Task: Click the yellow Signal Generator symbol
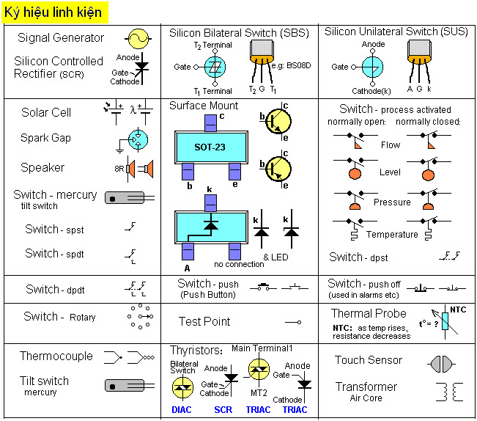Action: [x=138, y=39]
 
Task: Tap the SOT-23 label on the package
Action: [x=210, y=147]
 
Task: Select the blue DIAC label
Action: [x=182, y=410]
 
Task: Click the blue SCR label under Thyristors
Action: [x=223, y=410]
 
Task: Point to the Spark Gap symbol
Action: [x=134, y=140]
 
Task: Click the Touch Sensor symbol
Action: [x=441, y=364]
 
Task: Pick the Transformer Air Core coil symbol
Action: [x=449, y=392]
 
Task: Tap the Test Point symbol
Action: [x=293, y=322]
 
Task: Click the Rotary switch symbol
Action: [x=140, y=316]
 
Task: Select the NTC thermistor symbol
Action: [x=445, y=321]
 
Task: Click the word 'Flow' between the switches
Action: [x=391, y=145]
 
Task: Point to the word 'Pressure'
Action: [x=392, y=202]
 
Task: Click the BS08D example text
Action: [x=291, y=65]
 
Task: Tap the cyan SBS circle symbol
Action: [x=215, y=67]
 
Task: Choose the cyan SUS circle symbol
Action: [x=373, y=67]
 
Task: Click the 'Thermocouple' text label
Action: [x=56, y=356]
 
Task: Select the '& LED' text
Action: [x=276, y=257]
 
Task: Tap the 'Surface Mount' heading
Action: [x=204, y=106]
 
